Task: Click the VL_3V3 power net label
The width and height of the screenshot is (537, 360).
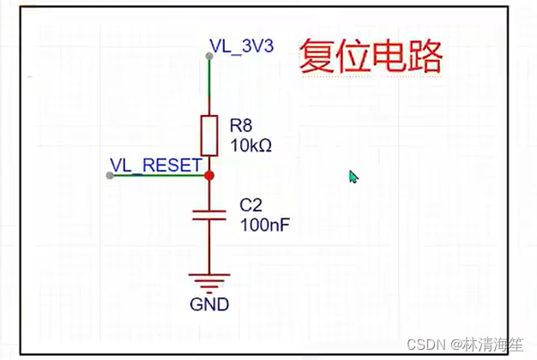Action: tap(241, 45)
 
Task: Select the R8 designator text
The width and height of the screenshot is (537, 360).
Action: tap(242, 126)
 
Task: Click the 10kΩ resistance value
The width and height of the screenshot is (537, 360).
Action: tap(250, 146)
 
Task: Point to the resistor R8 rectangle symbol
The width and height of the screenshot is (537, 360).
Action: tap(209, 135)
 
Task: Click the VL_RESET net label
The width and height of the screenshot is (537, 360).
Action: tap(155, 164)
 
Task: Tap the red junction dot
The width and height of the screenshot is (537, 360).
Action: tap(209, 175)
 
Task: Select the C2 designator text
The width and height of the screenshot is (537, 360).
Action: tap(249, 206)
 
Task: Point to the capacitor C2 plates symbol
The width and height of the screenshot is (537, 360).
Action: tap(209, 214)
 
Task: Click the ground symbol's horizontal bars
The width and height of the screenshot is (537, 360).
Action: tap(209, 282)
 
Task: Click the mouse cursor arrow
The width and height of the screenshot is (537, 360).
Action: tap(353, 176)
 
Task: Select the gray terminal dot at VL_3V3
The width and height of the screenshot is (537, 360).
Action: tap(209, 55)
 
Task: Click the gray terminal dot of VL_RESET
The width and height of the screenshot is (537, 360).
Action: tap(110, 175)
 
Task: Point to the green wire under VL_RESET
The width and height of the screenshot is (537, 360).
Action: tap(159, 175)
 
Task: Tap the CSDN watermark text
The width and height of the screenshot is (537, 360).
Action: tap(425, 344)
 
